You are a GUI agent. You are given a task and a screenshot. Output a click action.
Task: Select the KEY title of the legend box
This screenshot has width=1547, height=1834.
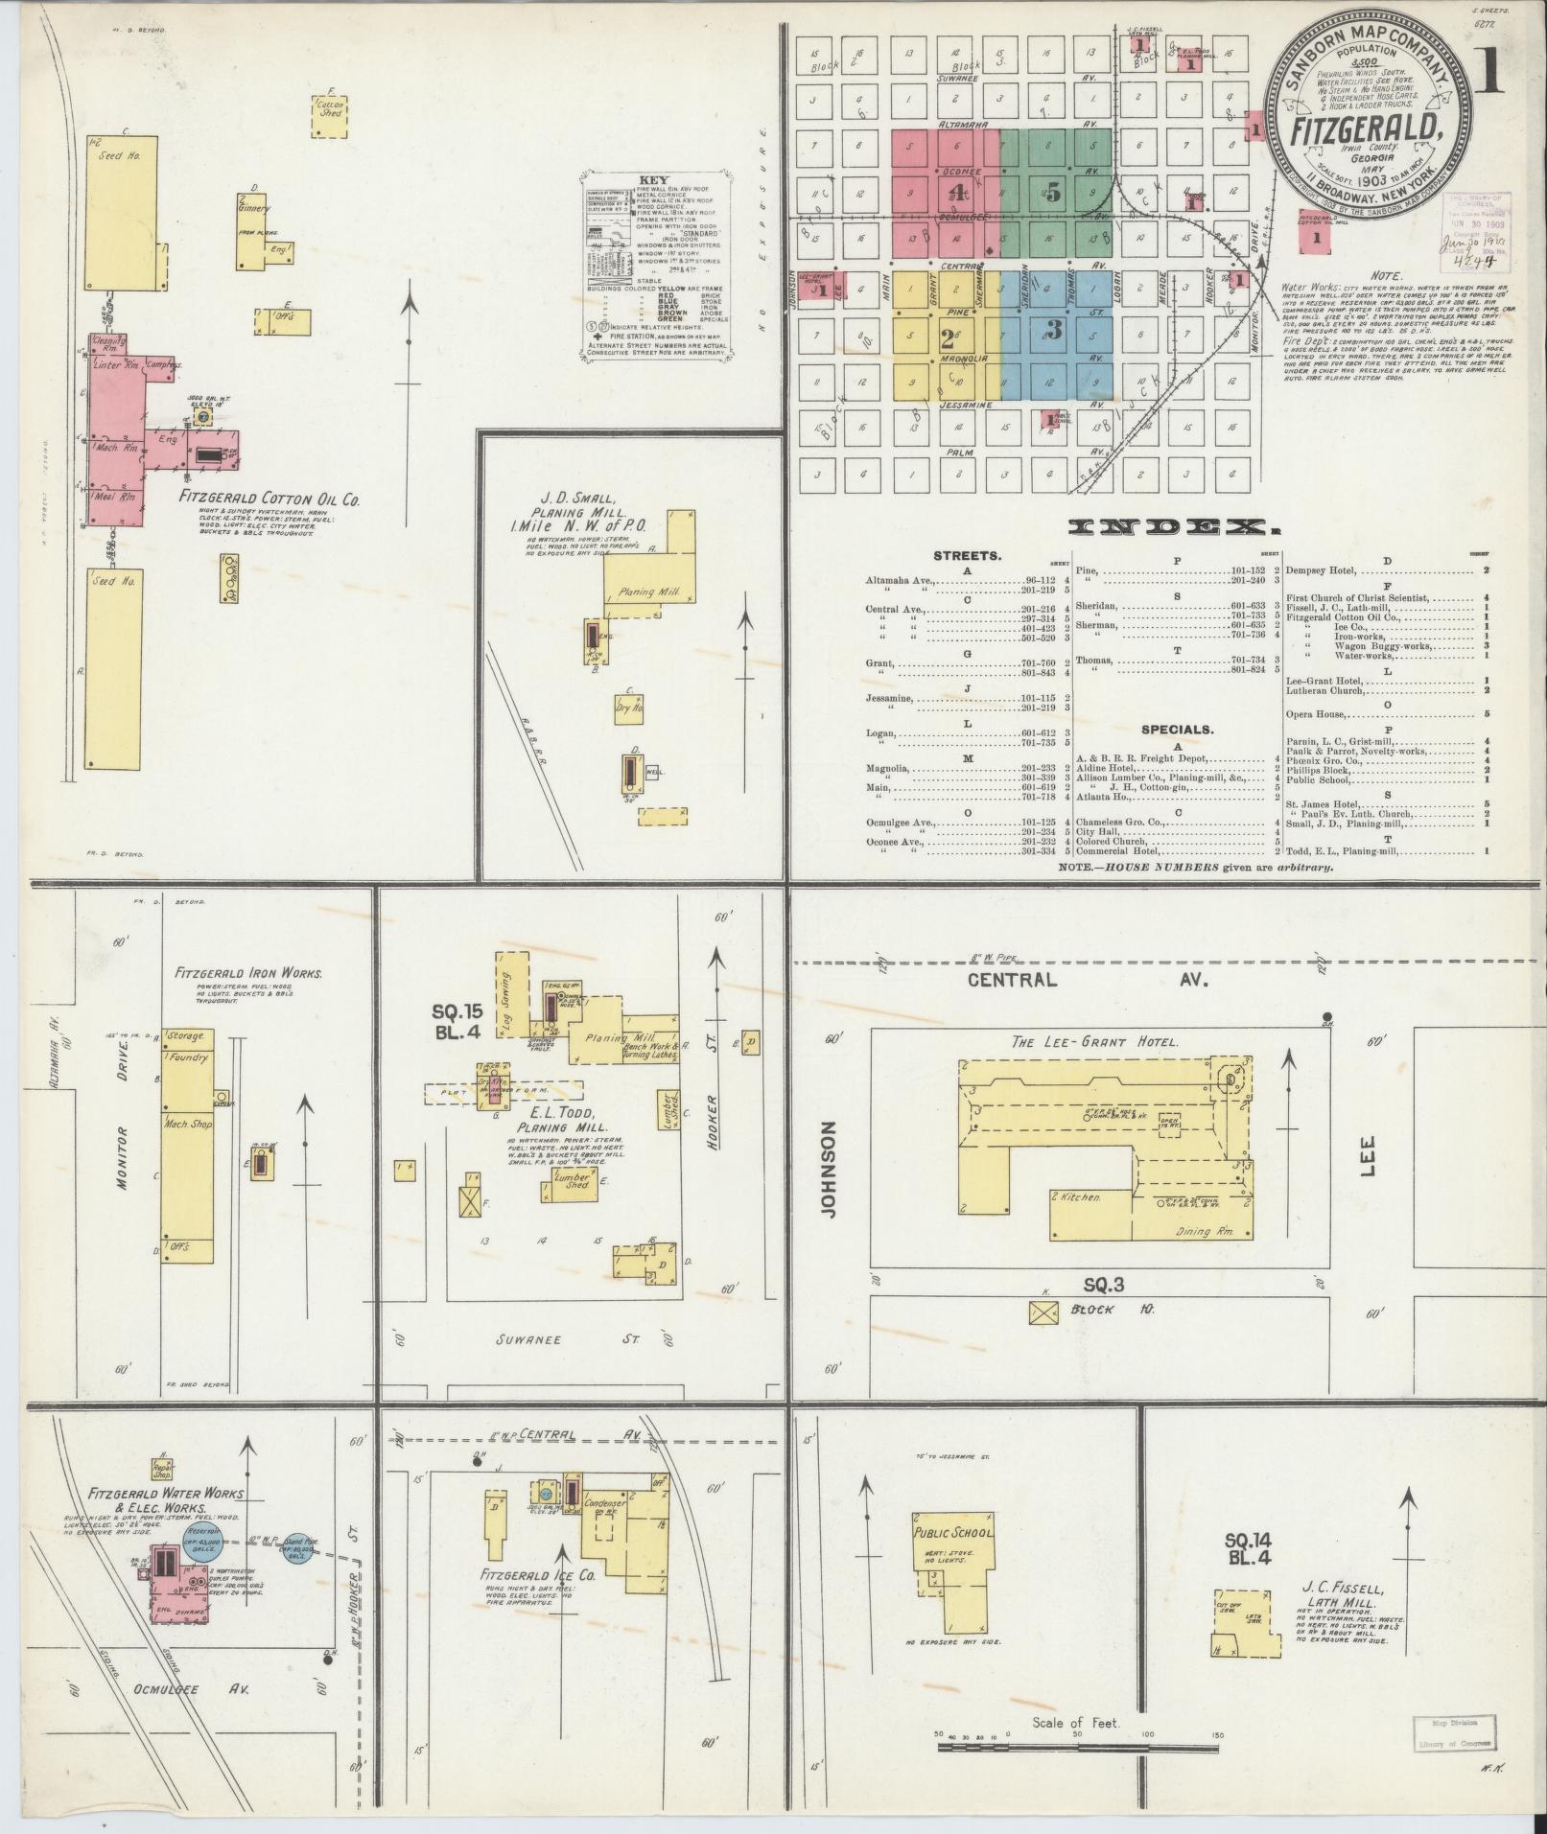click(x=652, y=180)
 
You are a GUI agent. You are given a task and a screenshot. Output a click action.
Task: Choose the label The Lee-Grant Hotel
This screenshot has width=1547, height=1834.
click(x=1094, y=1042)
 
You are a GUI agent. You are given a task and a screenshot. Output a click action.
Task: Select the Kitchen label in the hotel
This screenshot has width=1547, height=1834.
click(x=1079, y=1197)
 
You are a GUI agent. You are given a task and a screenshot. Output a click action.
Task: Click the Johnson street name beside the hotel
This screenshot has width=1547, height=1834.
click(x=829, y=1169)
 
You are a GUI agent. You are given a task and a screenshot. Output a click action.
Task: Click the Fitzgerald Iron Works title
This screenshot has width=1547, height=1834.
click(x=248, y=973)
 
